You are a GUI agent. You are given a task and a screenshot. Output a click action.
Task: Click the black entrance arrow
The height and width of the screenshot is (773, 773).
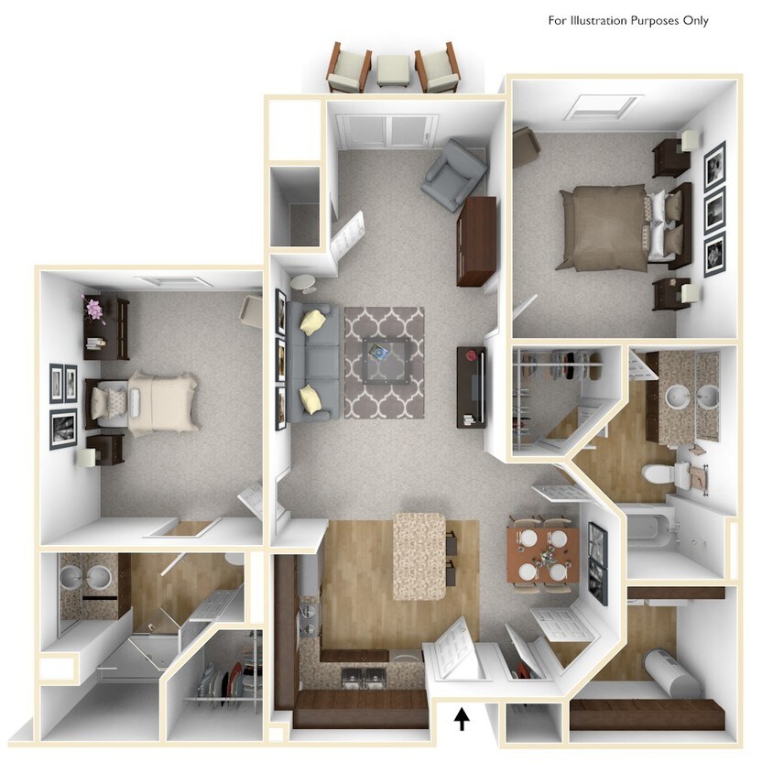tap(463, 719)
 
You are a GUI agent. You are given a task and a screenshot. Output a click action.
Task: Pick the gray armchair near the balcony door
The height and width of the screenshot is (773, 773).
tap(453, 174)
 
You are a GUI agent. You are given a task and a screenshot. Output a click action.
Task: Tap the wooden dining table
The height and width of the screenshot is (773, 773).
tap(542, 550)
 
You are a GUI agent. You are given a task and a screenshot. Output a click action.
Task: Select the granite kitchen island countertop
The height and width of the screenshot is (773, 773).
tap(419, 555)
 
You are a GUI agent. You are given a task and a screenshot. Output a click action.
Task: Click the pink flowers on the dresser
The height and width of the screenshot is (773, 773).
tap(93, 308)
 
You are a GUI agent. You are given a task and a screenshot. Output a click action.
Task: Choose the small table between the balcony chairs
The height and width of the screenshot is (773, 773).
tap(394, 71)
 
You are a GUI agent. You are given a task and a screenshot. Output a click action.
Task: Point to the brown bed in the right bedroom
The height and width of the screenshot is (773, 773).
tap(609, 227)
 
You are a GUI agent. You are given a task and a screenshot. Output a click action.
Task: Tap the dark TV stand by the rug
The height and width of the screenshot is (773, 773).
tap(469, 386)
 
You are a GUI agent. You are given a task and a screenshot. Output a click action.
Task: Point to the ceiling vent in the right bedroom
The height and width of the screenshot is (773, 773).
tap(601, 108)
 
